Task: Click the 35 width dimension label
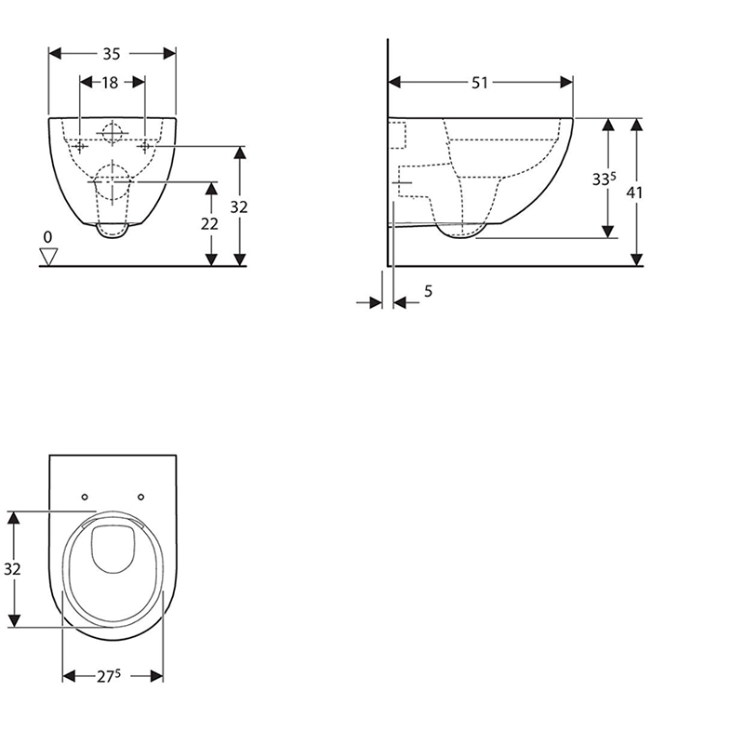click(x=112, y=54)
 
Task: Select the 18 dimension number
click(x=110, y=83)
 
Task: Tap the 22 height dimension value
click(x=209, y=223)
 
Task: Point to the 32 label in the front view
click(x=239, y=206)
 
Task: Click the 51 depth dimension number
click(x=480, y=83)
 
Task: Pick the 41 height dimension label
click(x=634, y=193)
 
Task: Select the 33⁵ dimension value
click(x=604, y=179)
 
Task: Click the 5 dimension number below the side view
click(x=428, y=291)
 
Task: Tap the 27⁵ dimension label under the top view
click(x=109, y=676)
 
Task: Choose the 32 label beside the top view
click(x=12, y=568)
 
